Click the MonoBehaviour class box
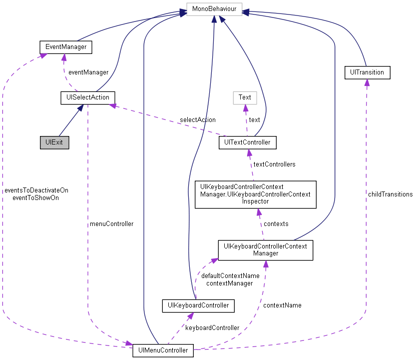point(214,9)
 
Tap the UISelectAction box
point(87,97)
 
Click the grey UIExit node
point(54,142)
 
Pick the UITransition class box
point(367,72)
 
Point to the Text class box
point(245,97)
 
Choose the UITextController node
point(248,142)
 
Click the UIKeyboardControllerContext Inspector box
point(255,194)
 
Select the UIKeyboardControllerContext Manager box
point(265,249)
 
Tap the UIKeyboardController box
point(198,305)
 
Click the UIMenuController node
point(163,350)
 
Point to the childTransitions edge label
point(390,194)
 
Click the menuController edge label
point(111,224)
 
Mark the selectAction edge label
point(198,120)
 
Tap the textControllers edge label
point(274,164)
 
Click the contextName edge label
point(282,305)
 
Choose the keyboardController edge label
point(212,327)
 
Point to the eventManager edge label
point(88,72)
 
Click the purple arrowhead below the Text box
point(245,107)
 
